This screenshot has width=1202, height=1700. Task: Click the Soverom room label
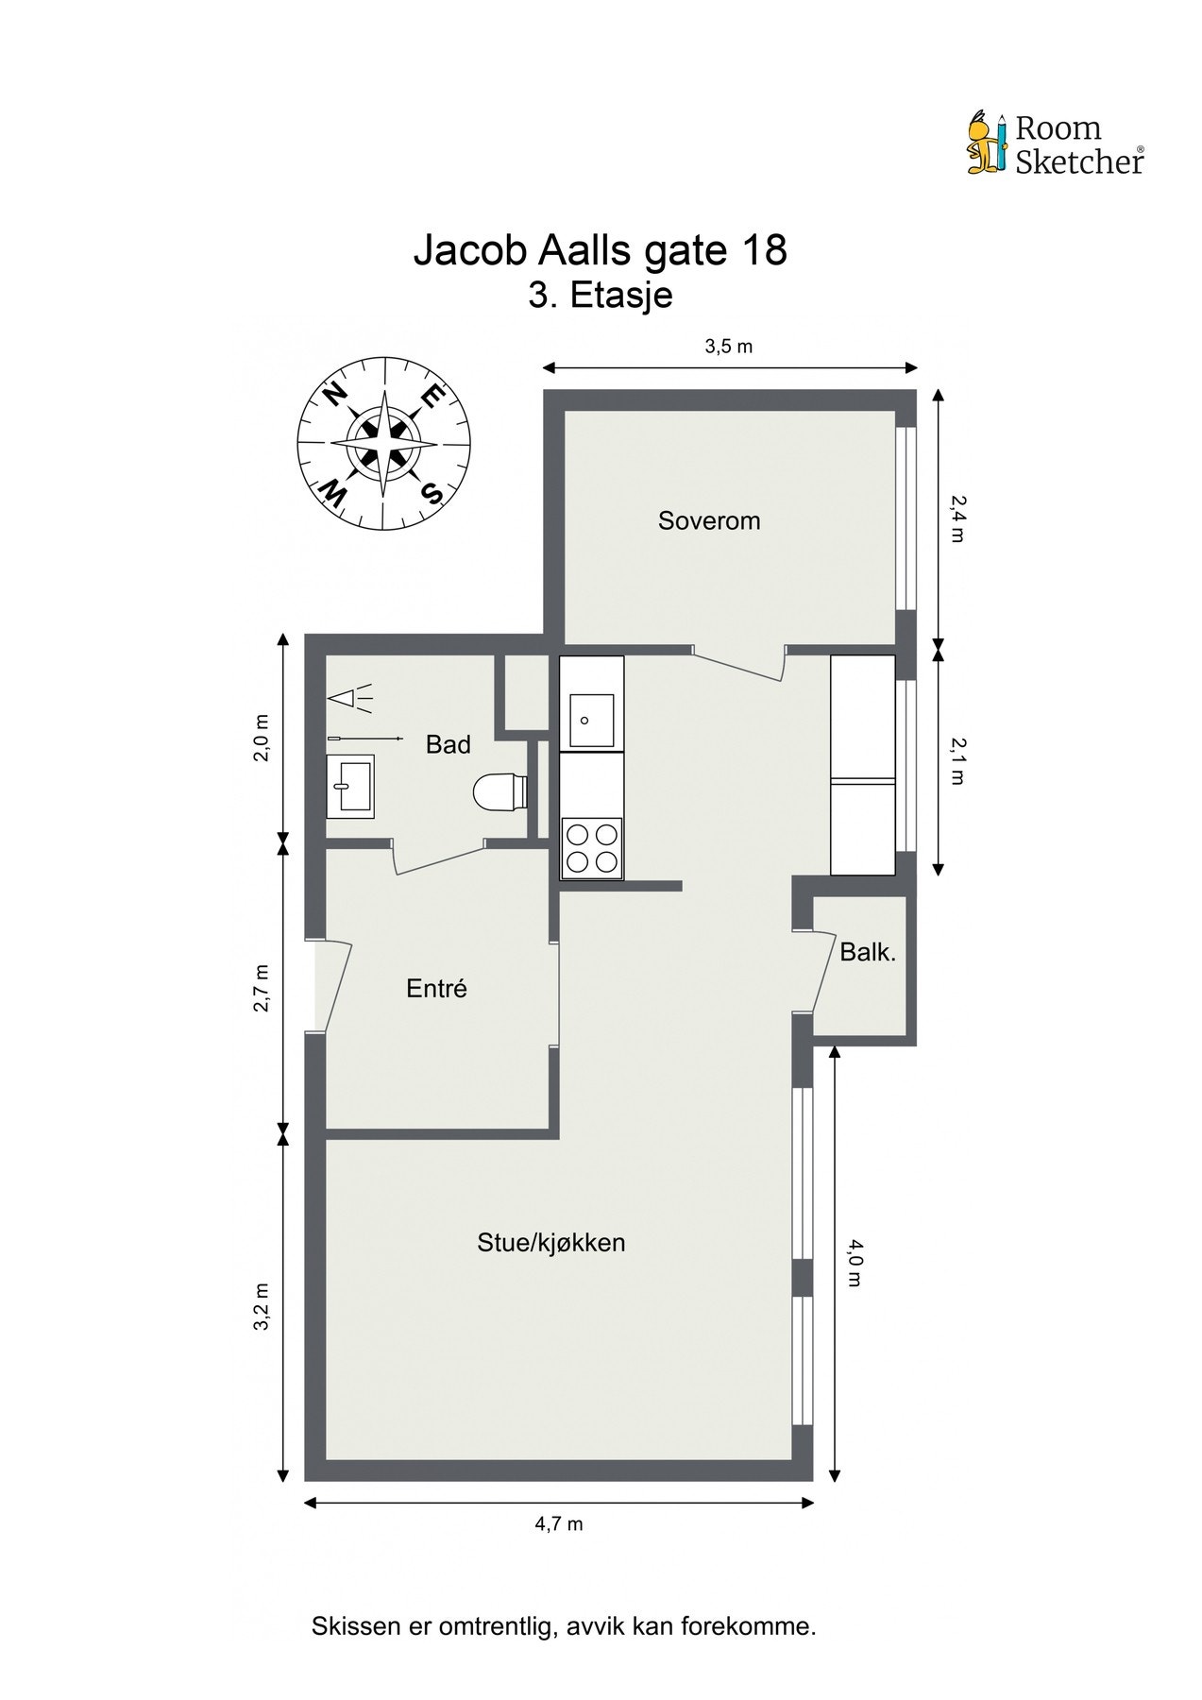(x=709, y=520)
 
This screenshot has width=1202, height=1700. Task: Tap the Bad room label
(x=448, y=744)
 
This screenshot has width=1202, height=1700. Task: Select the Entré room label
(x=436, y=989)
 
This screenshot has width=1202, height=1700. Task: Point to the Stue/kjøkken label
(x=551, y=1243)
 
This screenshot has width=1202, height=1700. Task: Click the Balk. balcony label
(x=868, y=952)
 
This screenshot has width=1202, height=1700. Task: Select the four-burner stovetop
(x=592, y=848)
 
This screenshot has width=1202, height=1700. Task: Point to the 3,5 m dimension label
(x=729, y=347)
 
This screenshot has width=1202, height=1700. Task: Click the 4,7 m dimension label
(x=559, y=1523)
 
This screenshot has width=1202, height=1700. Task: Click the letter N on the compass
(x=335, y=396)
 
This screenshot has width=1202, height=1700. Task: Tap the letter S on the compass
(x=432, y=493)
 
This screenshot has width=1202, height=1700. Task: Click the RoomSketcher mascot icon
(x=987, y=144)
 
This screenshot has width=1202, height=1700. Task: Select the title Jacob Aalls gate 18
(x=601, y=251)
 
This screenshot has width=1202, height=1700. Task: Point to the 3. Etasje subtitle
(x=601, y=296)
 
